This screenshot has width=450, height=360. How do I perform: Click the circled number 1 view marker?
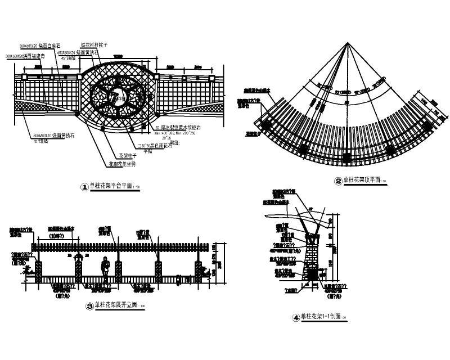85,187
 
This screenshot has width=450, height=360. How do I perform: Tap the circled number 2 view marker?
338,181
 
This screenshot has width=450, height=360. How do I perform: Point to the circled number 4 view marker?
296,317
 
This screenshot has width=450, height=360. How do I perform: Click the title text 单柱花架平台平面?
111,186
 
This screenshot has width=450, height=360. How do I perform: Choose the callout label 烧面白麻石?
50,46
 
